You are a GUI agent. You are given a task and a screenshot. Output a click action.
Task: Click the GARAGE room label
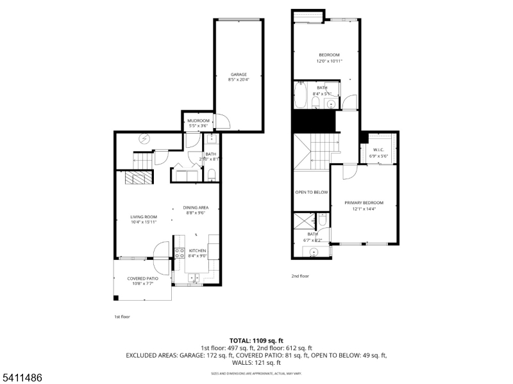pos(238,74)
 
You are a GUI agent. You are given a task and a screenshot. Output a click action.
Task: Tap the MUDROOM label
pos(198,120)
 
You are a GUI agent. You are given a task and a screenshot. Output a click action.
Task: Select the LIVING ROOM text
pos(144,217)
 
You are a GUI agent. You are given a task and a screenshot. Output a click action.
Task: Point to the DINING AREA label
pos(196,207)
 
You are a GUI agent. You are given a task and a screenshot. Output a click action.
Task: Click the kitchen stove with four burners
pos(180,252)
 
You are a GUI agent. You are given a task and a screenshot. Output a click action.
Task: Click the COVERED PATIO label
pos(142,278)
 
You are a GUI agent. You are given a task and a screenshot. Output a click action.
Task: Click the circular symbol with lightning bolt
pos(144,138)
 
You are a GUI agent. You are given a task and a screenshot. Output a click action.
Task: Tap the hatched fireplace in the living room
pos(139,178)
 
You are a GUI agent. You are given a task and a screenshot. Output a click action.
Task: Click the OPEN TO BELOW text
pos(312,192)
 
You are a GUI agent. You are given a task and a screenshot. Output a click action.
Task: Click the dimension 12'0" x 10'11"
pos(330,61)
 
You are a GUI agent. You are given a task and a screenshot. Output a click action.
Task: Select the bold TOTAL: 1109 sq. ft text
pos(256,340)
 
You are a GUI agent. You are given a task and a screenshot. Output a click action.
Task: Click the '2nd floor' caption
pos(301,276)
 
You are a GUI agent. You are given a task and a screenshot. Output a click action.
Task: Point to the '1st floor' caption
pos(122,316)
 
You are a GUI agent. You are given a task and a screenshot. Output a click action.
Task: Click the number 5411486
pos(22,378)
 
